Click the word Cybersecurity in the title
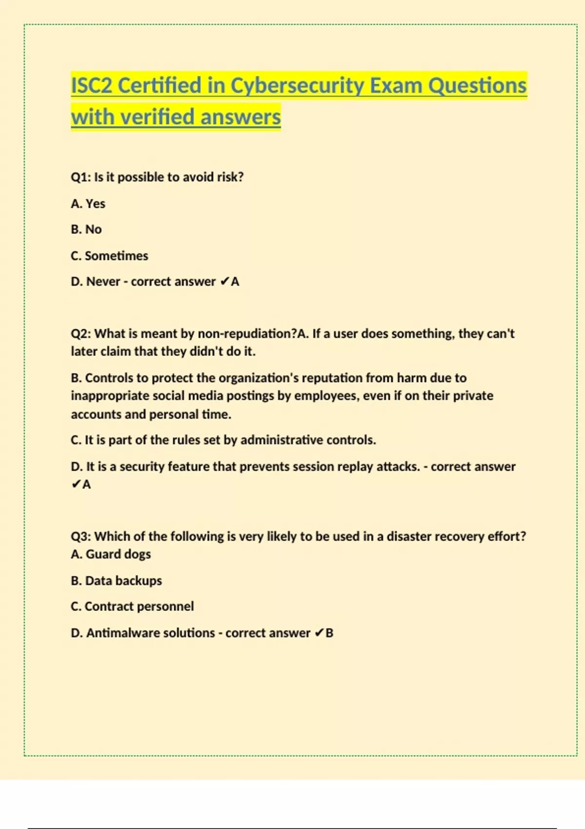tap(297, 86)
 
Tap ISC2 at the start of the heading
tap(92, 86)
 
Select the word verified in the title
tap(157, 117)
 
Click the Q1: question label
tap(80, 177)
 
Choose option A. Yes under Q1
tap(88, 203)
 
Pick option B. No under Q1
tap(86, 229)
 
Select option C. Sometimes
tap(109, 256)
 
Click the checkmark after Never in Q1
tap(224, 282)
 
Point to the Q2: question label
tap(81, 334)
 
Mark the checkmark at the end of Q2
tap(76, 485)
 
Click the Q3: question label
tap(81, 536)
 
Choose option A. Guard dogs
tap(111, 554)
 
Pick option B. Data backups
tap(116, 581)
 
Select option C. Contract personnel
tap(132, 607)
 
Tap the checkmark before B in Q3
tap(318, 633)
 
